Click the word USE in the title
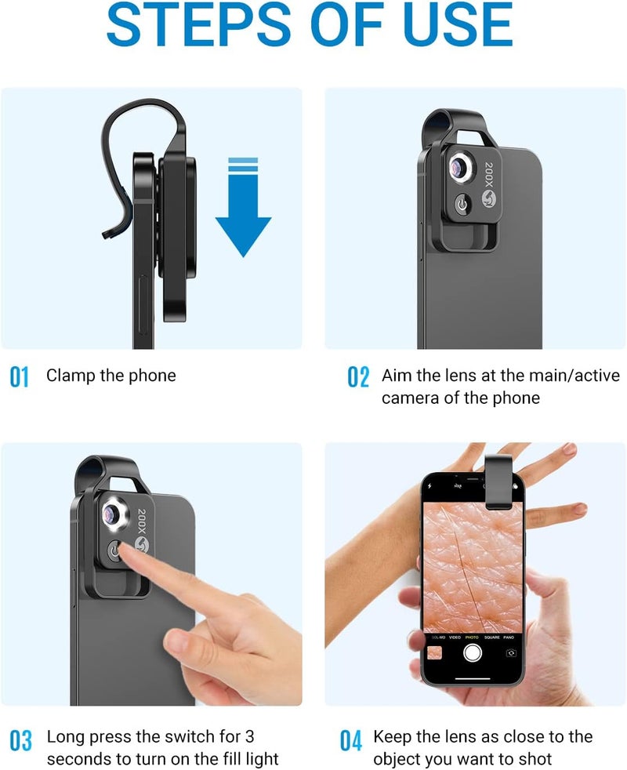458,24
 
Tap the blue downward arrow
243,207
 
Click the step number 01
19,377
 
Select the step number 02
358,377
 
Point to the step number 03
20,740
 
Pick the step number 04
351,740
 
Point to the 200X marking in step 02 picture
488,174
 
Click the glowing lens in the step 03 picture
114,514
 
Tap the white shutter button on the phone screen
473,652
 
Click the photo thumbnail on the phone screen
434,653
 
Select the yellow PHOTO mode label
472,637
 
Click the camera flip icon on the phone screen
511,653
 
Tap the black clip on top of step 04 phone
498,481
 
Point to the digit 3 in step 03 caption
249,736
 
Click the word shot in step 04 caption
535,759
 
